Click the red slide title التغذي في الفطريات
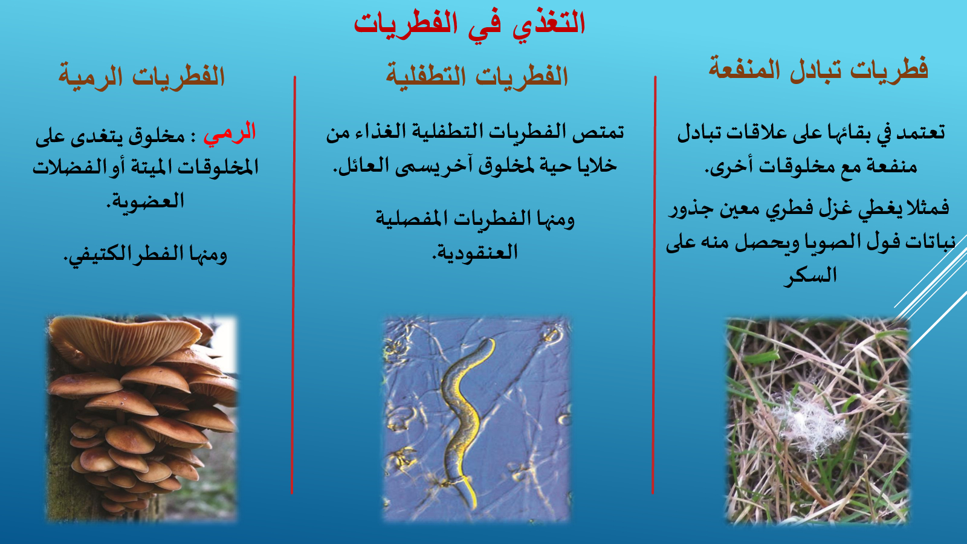tap(469, 24)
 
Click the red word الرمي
tap(230, 133)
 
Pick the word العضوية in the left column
tap(145, 201)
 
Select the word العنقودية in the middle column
tap(475, 253)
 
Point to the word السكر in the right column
tap(810, 276)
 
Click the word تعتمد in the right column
tap(921, 132)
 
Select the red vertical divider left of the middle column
tap(293, 285)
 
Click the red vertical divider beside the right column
tap(653, 285)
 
